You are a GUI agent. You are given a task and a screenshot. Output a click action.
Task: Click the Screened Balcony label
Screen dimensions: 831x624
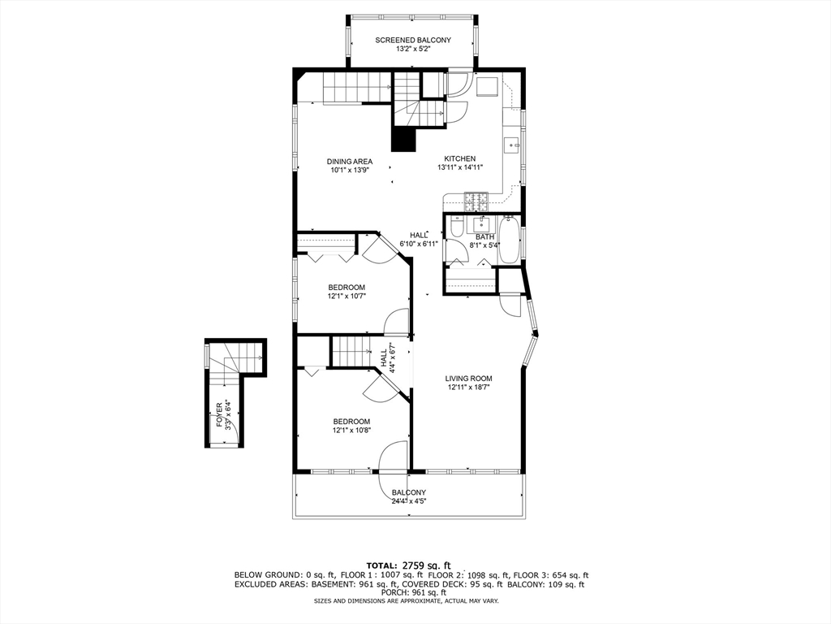click(413, 40)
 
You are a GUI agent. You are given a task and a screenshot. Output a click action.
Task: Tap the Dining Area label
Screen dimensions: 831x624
click(349, 162)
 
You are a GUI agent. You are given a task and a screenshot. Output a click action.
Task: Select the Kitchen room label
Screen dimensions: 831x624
click(459, 158)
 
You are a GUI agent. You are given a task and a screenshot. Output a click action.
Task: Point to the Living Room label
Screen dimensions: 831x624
click(468, 379)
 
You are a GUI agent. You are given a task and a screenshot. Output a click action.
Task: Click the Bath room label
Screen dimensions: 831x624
click(484, 236)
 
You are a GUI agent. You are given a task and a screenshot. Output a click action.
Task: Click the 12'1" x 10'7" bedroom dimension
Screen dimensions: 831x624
click(347, 297)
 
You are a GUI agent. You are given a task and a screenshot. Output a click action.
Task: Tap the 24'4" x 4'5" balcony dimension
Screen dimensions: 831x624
click(409, 500)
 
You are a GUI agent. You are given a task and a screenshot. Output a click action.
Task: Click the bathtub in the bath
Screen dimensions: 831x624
click(510, 240)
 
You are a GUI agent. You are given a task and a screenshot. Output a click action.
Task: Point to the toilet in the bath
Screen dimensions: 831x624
click(456, 226)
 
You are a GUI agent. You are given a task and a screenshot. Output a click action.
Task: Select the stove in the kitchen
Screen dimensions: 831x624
click(476, 200)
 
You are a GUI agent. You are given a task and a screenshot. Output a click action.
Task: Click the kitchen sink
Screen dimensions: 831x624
click(511, 145)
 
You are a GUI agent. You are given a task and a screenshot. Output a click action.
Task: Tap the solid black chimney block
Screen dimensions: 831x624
click(403, 139)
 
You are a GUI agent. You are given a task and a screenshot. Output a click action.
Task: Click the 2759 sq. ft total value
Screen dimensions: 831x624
click(427, 565)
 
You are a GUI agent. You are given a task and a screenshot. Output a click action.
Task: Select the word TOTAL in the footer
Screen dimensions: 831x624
click(381, 565)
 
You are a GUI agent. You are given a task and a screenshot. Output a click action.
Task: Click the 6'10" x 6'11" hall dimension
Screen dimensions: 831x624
click(419, 244)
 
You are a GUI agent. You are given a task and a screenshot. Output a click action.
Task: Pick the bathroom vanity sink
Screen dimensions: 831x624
click(482, 223)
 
